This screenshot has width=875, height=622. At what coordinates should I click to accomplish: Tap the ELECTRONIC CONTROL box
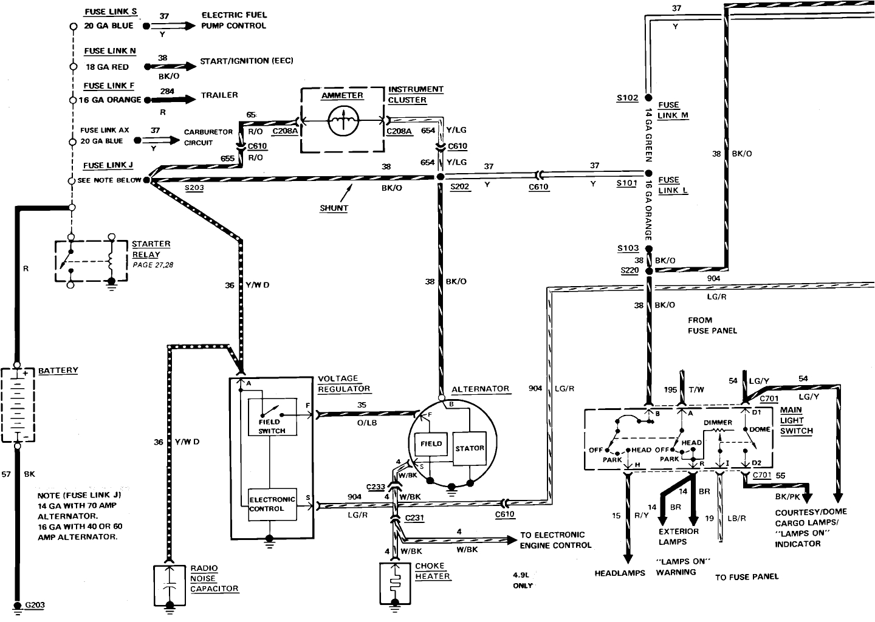(x=272, y=504)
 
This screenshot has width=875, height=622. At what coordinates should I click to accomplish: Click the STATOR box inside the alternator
(x=470, y=448)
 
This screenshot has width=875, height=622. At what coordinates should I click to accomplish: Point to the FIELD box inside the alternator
(x=431, y=444)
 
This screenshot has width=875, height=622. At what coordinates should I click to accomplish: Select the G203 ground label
(x=35, y=605)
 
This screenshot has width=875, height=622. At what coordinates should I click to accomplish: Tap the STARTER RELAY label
(x=151, y=250)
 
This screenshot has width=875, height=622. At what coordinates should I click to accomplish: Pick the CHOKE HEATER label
(x=433, y=571)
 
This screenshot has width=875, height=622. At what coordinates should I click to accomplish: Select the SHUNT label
(x=334, y=208)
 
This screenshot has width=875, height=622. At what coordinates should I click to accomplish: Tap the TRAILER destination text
(x=219, y=95)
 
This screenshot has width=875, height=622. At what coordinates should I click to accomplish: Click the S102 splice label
(x=627, y=98)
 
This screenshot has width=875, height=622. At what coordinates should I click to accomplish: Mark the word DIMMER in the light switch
(x=718, y=423)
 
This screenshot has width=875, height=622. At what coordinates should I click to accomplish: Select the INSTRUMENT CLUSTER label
(x=416, y=95)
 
